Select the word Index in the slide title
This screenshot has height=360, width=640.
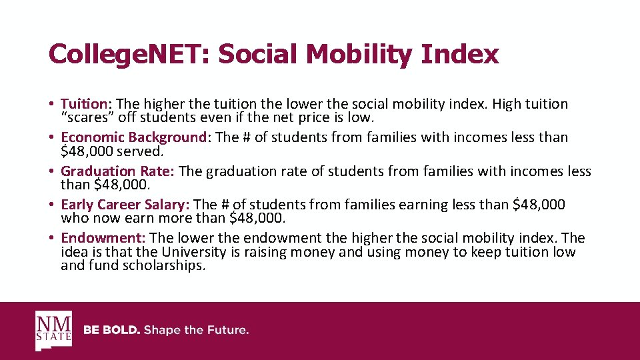click(460, 54)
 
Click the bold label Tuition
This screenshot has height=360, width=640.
click(84, 104)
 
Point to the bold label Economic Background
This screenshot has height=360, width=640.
click(134, 137)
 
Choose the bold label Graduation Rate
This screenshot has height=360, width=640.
click(117, 171)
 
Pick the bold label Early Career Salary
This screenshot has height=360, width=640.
click(125, 205)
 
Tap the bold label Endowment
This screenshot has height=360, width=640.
click(103, 238)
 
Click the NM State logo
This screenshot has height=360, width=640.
click(53, 331)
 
